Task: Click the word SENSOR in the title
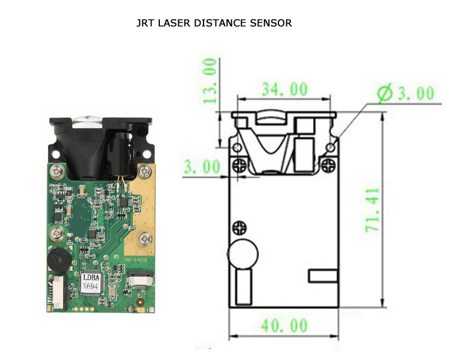(272, 24)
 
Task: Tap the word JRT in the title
(145, 24)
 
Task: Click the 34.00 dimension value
(285, 90)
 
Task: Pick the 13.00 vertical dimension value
(210, 81)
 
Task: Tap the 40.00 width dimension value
(285, 327)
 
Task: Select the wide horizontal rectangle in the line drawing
(323, 276)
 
